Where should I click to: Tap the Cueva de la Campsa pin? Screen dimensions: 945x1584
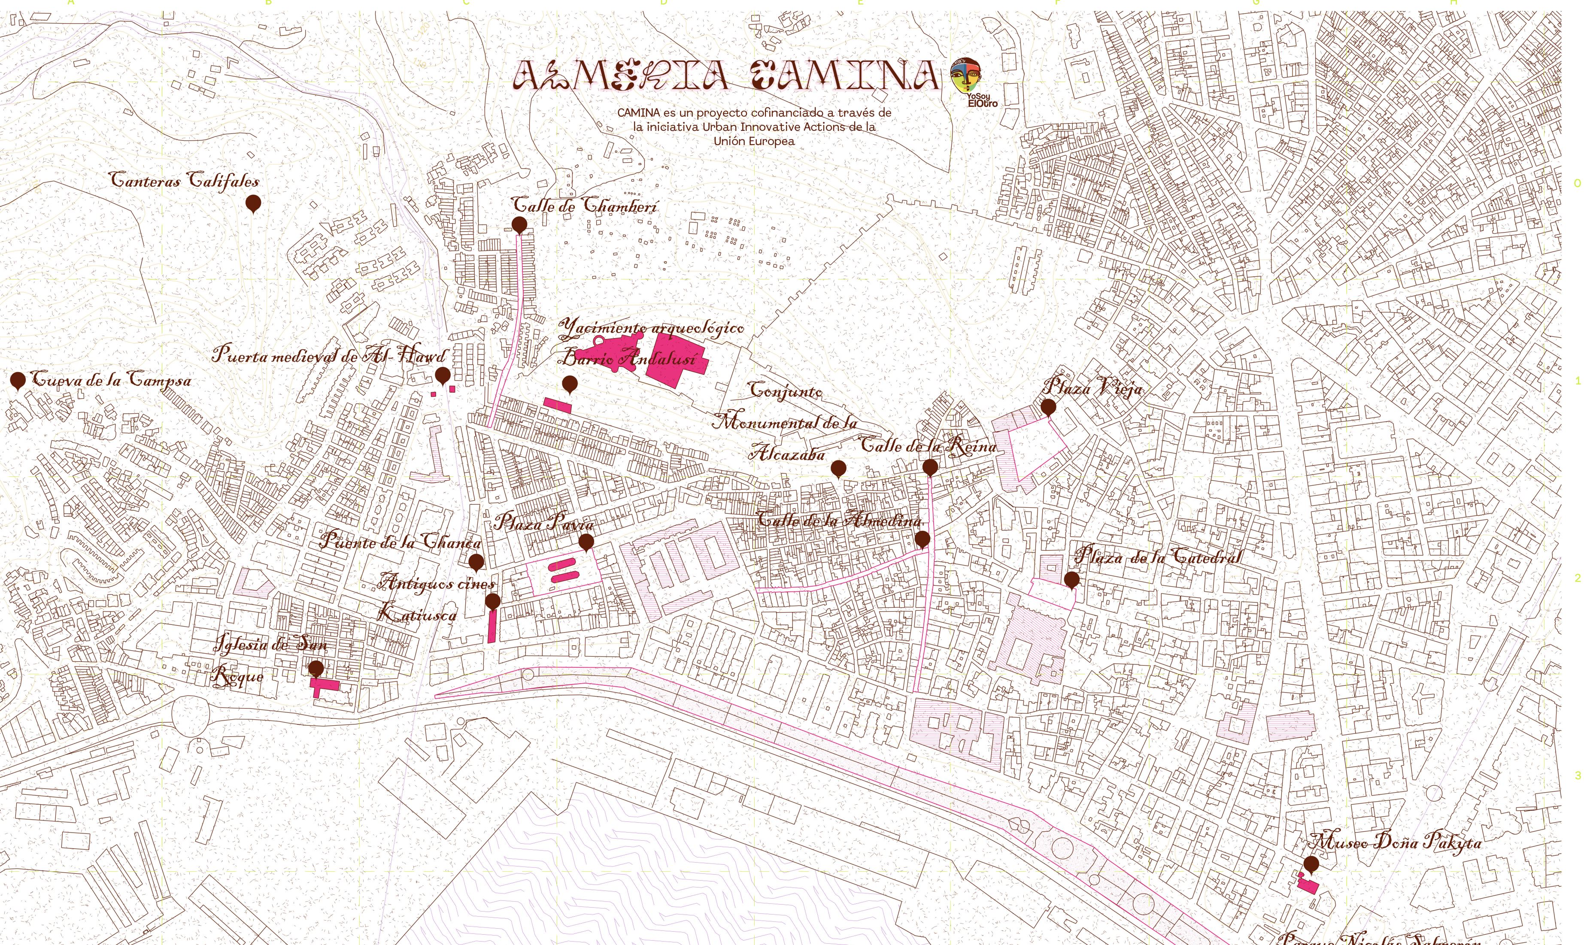point(18,381)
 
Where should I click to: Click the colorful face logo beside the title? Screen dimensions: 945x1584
point(965,76)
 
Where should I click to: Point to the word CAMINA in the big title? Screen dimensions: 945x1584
point(844,75)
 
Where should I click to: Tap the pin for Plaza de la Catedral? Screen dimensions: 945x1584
point(1072,579)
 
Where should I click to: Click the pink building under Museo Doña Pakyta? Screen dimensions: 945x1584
point(1308,885)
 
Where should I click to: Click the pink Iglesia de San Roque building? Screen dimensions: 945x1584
point(325,685)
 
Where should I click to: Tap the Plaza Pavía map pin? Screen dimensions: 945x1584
point(586,542)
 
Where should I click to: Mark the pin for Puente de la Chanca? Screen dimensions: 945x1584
point(476,562)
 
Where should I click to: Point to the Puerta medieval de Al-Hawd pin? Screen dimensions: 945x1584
point(442,374)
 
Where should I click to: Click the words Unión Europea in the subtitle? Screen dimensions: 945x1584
point(753,141)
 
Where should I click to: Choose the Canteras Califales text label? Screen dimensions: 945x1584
point(185,181)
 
